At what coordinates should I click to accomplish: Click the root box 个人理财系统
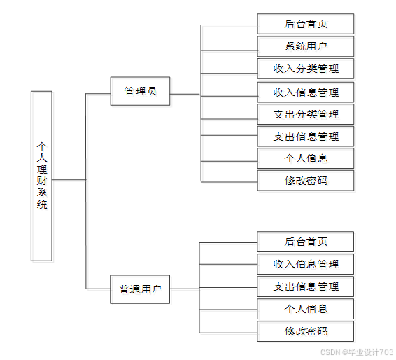(41, 176)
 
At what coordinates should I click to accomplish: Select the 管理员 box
(140, 91)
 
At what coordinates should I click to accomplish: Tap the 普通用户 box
(140, 289)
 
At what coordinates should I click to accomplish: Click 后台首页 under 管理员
(306, 24)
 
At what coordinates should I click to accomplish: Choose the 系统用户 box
(306, 46)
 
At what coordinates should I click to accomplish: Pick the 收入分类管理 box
(306, 69)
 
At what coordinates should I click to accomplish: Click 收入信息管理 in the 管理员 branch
(306, 92)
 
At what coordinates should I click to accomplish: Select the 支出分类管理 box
(306, 114)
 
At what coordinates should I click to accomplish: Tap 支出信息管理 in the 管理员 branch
(306, 137)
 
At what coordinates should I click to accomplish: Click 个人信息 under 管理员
(306, 158)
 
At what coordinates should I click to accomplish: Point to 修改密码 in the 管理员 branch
(306, 181)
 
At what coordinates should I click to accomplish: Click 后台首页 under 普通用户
(305, 242)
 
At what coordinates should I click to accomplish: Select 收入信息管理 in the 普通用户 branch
(305, 264)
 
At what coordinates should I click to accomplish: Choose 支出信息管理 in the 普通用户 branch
(305, 286)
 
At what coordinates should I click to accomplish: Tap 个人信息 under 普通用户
(305, 309)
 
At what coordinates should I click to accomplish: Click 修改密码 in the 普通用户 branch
(305, 331)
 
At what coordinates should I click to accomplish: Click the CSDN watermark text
(357, 352)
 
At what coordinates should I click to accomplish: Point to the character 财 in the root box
(42, 181)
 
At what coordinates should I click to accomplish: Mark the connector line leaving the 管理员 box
(185, 95)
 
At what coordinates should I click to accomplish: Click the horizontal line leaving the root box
(69, 180)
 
